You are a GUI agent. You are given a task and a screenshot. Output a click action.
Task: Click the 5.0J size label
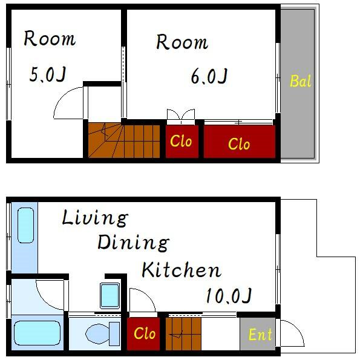click(x=48, y=74)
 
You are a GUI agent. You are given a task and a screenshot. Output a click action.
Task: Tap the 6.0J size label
click(x=209, y=76)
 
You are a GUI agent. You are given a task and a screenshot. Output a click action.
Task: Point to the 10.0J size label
click(x=229, y=296)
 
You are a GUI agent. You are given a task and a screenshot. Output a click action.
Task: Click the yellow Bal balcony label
click(x=300, y=81)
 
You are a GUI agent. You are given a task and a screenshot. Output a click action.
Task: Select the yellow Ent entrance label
click(x=260, y=335)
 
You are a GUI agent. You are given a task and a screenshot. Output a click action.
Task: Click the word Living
click(x=95, y=218)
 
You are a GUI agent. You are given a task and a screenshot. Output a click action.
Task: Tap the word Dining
click(x=133, y=243)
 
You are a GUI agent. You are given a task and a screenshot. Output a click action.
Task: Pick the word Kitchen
click(x=181, y=270)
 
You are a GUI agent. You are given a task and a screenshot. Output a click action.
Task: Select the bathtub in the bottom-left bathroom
click(x=38, y=333)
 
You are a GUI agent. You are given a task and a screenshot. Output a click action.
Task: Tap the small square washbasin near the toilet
click(x=110, y=296)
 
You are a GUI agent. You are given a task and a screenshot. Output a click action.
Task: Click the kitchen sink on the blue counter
click(x=25, y=225)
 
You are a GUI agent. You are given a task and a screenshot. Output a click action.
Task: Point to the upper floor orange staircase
click(x=124, y=141)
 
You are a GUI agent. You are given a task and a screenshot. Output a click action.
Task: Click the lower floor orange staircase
click(x=183, y=333)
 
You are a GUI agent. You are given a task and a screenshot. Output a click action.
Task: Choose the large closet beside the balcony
click(x=240, y=142)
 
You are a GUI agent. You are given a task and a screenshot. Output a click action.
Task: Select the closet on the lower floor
click(x=143, y=333)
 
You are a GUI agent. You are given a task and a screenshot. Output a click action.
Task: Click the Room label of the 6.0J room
click(x=182, y=42)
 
